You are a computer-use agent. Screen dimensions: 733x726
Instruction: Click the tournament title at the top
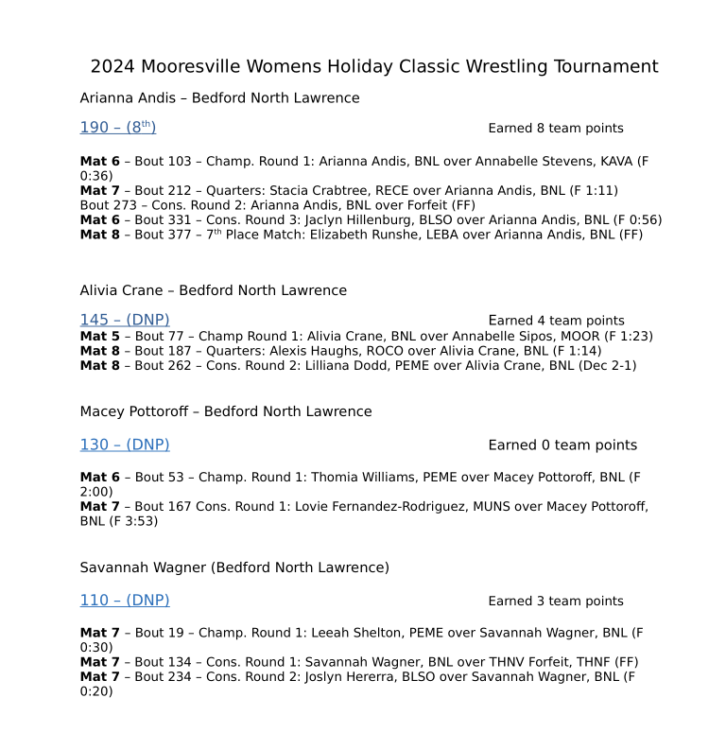tap(374, 67)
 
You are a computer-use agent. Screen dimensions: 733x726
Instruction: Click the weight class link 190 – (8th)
tap(118, 128)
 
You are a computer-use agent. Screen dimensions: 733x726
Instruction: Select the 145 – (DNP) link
tap(125, 320)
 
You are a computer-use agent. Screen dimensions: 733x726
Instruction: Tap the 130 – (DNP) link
tap(125, 445)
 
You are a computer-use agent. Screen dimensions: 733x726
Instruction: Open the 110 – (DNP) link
tap(125, 601)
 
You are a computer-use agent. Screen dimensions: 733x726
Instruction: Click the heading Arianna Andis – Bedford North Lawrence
tap(219, 98)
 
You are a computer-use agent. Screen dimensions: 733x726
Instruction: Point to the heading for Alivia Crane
tap(213, 290)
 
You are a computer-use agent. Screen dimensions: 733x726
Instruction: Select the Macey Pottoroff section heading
tap(226, 411)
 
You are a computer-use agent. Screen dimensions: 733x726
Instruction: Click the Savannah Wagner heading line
tap(234, 567)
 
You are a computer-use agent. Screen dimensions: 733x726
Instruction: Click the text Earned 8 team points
tap(556, 129)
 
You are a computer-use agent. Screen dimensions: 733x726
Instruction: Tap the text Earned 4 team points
tap(556, 321)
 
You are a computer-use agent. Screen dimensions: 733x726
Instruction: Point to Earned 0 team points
tap(562, 445)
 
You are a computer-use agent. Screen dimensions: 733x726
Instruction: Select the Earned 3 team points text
tap(556, 602)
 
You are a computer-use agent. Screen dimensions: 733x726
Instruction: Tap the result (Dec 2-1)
tap(605, 365)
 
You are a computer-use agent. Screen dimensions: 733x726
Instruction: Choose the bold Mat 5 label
tap(100, 336)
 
